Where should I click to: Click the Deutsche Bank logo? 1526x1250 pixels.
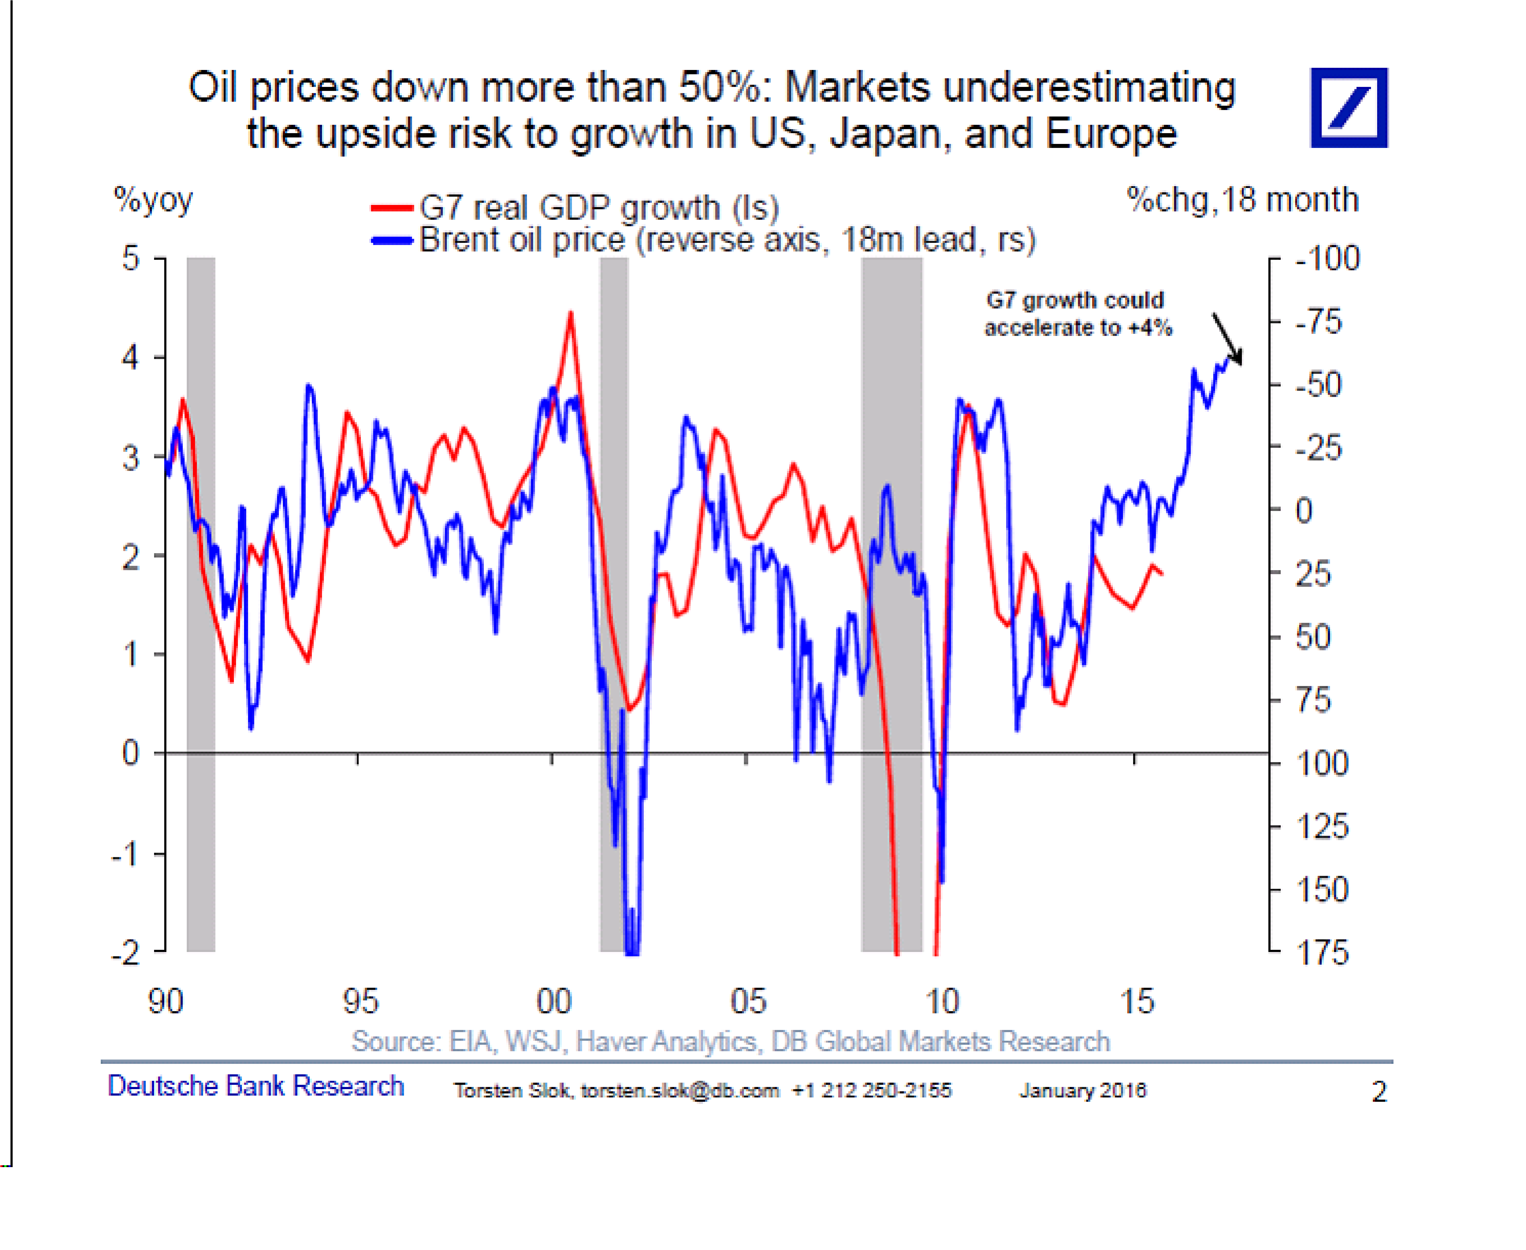pos(1348,108)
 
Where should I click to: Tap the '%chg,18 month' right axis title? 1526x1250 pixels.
pos(1242,199)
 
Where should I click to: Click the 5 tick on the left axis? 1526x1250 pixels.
pos(130,258)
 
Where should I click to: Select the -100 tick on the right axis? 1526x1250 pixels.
pos(1327,259)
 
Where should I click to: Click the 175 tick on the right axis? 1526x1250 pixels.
pos(1322,953)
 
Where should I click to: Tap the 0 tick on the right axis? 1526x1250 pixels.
pos(1304,511)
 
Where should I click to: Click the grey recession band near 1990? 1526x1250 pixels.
pos(201,605)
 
